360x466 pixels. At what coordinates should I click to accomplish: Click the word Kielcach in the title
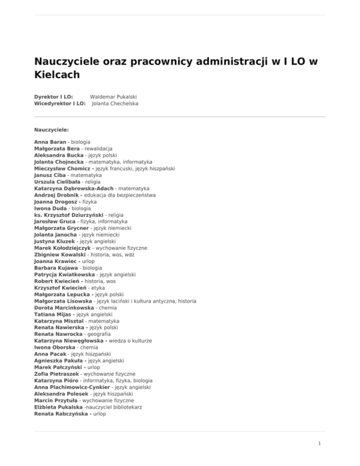coord(57,74)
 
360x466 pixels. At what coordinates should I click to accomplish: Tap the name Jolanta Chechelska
coord(115,104)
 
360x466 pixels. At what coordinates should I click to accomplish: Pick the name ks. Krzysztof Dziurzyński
coord(70,214)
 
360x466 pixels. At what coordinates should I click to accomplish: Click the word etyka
coord(96,287)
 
